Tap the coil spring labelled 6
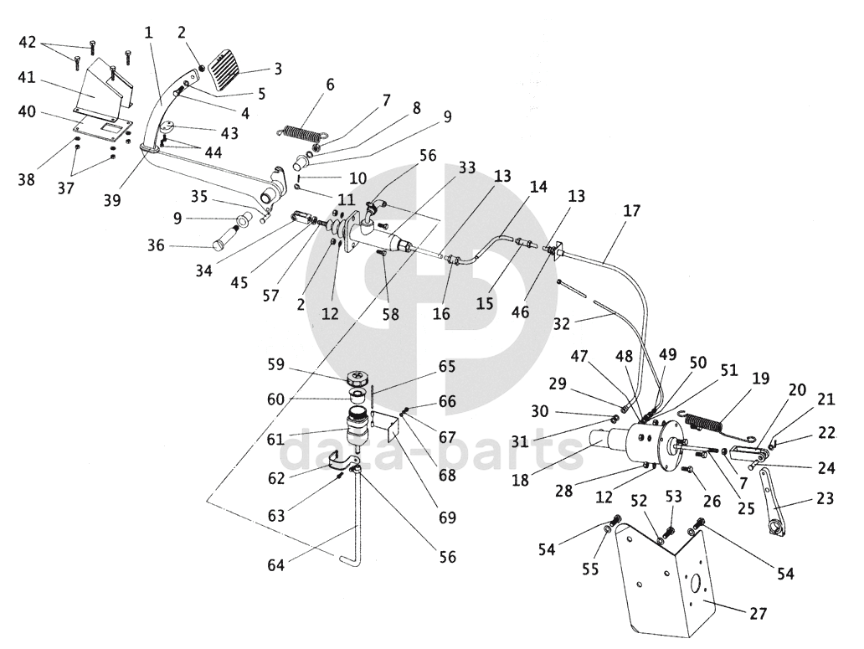pyautogui.click(x=302, y=131)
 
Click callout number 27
pyautogui.click(x=757, y=614)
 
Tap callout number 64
pyautogui.click(x=276, y=565)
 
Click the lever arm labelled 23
pyautogui.click(x=775, y=503)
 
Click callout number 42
pyautogui.click(x=28, y=42)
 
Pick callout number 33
pyautogui.click(x=467, y=167)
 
